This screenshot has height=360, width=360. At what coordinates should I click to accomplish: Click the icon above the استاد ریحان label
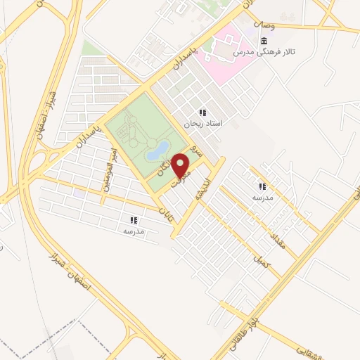pos(202,112)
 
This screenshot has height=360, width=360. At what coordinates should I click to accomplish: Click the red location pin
pos(181,165)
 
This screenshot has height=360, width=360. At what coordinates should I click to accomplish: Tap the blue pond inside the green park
pos(158,149)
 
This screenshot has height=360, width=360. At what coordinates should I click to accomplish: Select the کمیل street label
pos(261,261)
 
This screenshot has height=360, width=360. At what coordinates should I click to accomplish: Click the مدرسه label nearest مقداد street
pos(262,198)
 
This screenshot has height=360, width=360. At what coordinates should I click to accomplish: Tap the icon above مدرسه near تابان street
pos(133,220)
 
